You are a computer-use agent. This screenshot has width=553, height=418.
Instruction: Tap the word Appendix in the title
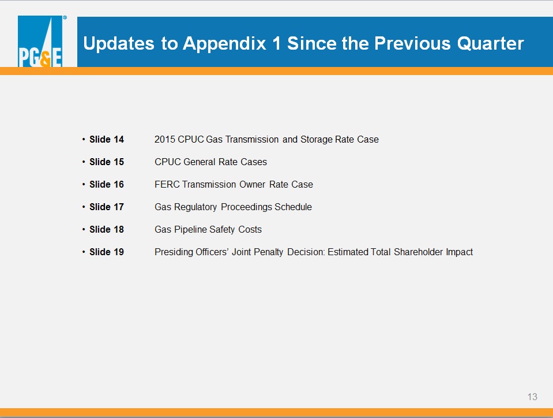225,44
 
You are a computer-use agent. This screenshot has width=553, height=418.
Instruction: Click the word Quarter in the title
491,43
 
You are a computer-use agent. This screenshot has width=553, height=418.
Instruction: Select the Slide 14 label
107,140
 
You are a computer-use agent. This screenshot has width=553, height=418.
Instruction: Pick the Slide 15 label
107,162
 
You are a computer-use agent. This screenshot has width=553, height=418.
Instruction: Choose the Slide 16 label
107,185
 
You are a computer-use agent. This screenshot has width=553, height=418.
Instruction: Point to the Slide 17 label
107,207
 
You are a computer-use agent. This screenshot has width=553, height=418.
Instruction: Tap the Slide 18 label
107,229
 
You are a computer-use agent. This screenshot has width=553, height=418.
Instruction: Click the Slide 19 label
107,252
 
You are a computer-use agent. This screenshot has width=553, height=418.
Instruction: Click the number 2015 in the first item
165,140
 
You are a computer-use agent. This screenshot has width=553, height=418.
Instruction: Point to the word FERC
167,185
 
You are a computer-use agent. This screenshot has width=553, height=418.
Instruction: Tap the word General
200,162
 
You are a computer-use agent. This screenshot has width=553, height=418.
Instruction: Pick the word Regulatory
195,207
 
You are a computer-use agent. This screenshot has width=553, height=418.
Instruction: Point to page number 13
532,397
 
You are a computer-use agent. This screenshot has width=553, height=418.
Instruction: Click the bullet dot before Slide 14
84,140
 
